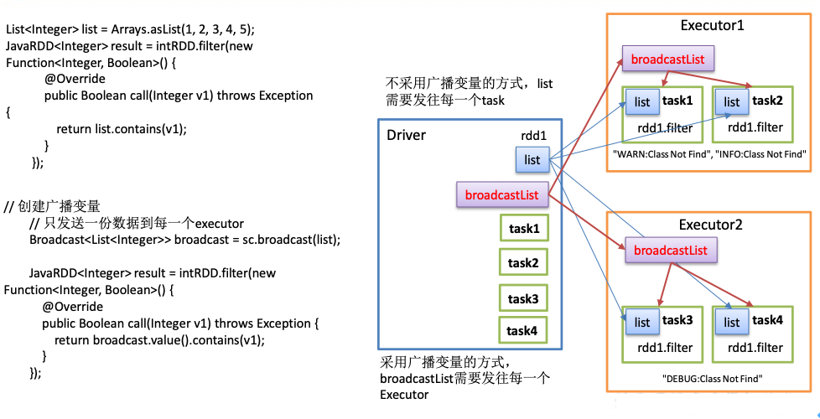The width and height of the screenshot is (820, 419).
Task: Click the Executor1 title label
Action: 712,26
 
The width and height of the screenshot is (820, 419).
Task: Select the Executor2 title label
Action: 712,225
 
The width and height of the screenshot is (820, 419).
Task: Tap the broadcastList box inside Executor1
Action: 668,59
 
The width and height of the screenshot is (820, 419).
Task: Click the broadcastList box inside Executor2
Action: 671,250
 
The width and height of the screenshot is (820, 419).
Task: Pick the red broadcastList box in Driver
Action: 501,195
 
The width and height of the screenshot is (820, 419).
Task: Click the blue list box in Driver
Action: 532,158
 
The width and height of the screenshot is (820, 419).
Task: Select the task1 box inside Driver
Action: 524,228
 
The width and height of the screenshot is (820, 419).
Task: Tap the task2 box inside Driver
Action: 524,263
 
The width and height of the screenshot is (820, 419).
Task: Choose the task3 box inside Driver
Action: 524,298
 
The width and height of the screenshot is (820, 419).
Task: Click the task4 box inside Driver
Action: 524,330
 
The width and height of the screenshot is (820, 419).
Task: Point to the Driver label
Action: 406,135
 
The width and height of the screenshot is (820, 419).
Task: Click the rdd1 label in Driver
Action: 534,134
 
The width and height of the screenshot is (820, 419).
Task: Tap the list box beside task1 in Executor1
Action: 642,102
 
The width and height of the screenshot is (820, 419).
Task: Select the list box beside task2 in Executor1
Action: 732,102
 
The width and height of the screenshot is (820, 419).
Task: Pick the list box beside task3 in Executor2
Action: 642,322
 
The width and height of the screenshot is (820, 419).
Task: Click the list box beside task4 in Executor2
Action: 732,322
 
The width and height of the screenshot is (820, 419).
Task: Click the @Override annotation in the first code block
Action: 75,79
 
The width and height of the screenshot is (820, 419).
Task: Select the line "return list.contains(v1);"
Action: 122,128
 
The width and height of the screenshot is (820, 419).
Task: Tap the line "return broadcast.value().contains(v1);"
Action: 159,339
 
